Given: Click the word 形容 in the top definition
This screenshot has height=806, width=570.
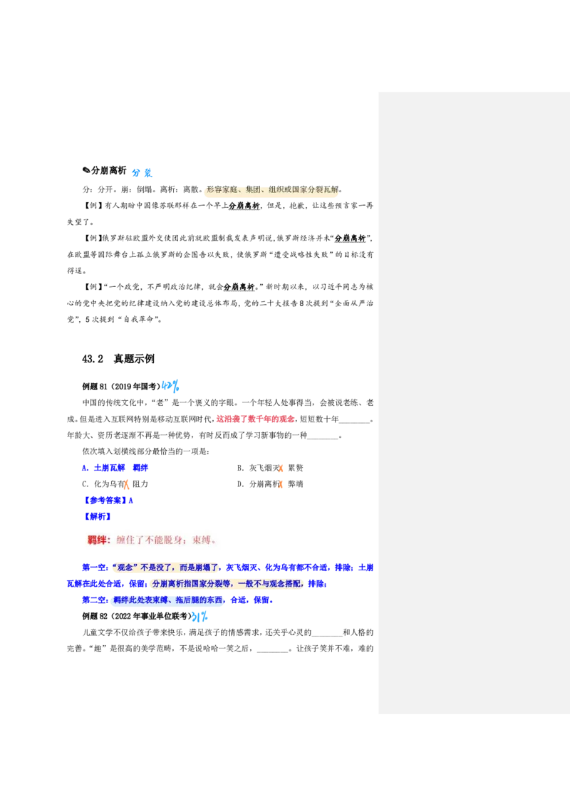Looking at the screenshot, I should point(212,190).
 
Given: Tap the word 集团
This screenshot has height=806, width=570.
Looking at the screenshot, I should point(253,190).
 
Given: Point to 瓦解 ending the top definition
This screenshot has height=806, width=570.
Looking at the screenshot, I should point(332,190).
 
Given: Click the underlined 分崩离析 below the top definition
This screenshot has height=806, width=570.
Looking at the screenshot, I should point(244,206).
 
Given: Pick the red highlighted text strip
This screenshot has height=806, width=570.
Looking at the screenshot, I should point(255,420).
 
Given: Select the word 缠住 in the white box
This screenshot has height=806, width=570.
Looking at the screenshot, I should point(124,540).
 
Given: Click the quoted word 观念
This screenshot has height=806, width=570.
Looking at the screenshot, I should point(125,567).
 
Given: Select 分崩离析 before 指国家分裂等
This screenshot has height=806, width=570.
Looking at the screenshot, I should point(168,584).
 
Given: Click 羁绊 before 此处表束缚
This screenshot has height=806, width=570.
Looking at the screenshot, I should point(122,600).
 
